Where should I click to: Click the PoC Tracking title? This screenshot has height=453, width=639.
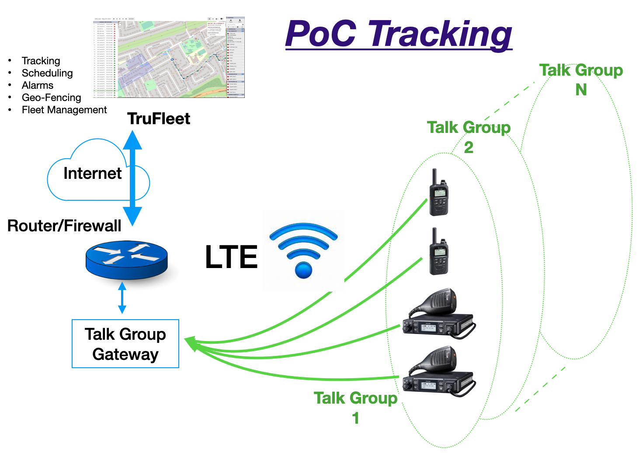pos(399,34)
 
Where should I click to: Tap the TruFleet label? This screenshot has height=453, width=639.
pos(159,119)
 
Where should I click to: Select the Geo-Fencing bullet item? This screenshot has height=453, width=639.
pos(51,98)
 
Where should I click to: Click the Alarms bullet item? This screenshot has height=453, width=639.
pos(38,85)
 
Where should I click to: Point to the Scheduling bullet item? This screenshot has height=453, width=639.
pos(47,73)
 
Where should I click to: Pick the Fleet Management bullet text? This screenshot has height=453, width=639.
pos(64,110)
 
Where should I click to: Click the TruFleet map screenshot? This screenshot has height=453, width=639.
pos(169,57)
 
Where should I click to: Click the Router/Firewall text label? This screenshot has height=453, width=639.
pos(64,226)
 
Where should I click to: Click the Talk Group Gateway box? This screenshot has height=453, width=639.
pos(125,344)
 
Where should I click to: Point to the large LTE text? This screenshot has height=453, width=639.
pos(231,257)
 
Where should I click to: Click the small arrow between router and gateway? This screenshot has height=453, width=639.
pos(122,298)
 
